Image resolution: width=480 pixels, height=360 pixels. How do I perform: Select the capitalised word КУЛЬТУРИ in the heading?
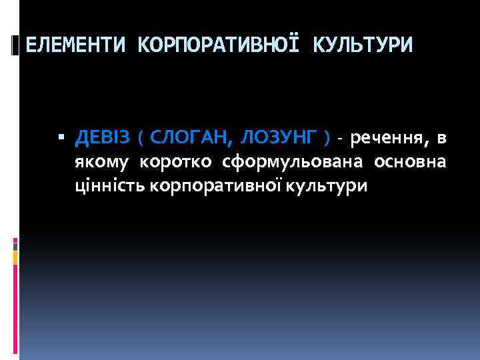click(x=363, y=45)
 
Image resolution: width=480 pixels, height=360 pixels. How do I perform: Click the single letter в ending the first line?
click(x=441, y=139)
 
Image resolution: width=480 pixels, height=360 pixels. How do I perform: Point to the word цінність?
click(x=111, y=185)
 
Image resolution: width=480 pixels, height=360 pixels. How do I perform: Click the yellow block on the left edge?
click(x=15, y=256)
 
